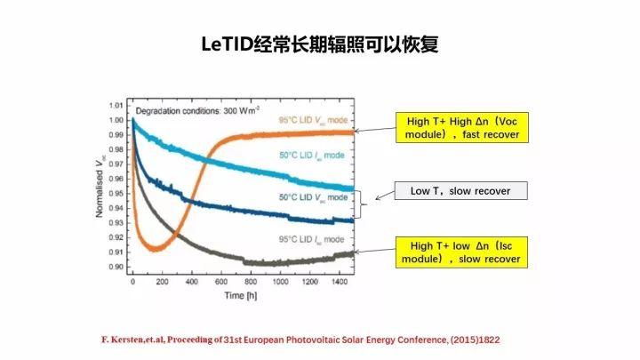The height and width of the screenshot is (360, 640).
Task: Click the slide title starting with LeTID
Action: [x=319, y=44]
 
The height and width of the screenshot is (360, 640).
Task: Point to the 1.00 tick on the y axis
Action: [x=116, y=118]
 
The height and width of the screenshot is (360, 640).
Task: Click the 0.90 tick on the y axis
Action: [x=116, y=267]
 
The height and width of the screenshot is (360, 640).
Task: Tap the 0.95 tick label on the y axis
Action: [x=116, y=193]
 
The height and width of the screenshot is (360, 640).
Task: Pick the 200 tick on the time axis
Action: [x=161, y=281]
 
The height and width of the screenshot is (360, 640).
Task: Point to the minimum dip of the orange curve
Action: [x=154, y=249]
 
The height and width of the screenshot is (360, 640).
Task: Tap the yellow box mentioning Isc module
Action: [x=464, y=252]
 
